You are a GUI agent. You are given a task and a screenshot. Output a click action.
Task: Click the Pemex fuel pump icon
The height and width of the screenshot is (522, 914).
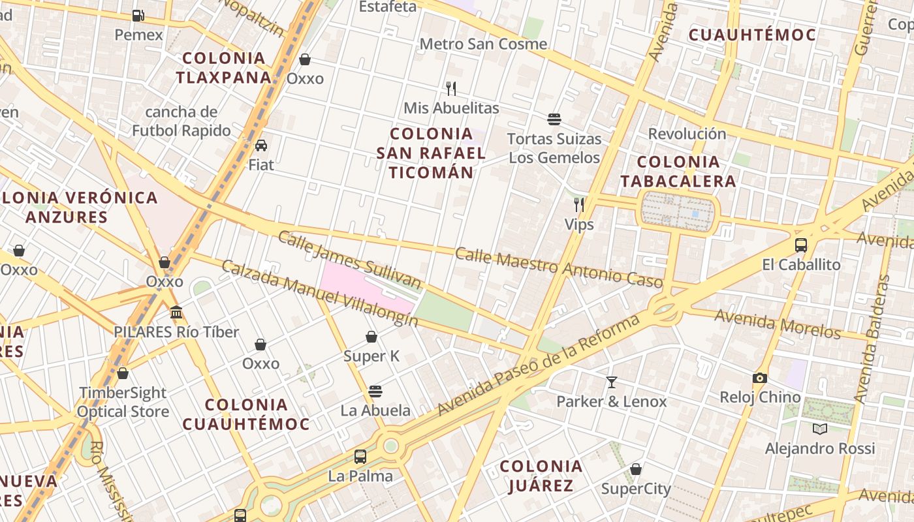(x=138, y=15)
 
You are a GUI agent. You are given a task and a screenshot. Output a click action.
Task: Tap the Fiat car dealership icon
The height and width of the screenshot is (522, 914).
(x=261, y=145)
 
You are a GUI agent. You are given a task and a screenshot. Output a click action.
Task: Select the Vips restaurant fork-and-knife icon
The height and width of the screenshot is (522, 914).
(x=579, y=205)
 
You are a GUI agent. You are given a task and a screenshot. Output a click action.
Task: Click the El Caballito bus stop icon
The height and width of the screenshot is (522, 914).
(x=801, y=245)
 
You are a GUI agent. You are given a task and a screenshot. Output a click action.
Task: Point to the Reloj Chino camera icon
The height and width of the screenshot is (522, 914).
(x=759, y=378)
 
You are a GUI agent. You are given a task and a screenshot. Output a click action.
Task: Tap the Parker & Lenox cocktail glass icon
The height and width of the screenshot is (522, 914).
(x=612, y=382)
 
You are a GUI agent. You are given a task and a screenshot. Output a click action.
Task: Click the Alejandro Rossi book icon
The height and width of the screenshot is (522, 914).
(x=820, y=429)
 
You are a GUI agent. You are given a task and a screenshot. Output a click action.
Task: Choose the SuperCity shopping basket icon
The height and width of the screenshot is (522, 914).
(x=636, y=469)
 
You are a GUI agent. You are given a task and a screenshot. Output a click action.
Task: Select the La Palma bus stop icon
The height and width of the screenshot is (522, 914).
(x=360, y=456)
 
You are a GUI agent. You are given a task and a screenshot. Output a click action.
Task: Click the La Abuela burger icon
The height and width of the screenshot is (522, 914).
(x=375, y=391)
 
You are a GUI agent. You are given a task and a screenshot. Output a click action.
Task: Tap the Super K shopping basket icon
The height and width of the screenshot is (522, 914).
(x=371, y=337)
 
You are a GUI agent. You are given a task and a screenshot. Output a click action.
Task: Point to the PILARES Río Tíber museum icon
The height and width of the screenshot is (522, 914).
(x=176, y=313)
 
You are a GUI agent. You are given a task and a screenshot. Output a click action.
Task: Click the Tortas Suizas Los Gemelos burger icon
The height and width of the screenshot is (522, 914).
(x=554, y=119)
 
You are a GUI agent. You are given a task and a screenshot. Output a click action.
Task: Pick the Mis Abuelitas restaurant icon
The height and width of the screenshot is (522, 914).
(x=451, y=88)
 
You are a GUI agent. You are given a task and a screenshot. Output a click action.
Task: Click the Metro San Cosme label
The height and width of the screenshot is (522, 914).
(x=483, y=44)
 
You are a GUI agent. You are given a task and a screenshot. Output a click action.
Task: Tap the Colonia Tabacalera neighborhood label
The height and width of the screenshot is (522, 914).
(x=678, y=171)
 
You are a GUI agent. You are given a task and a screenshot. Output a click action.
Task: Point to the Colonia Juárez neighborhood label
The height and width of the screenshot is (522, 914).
(x=541, y=476)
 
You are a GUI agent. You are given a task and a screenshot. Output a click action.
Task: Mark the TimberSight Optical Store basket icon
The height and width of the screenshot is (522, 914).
(x=123, y=373)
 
